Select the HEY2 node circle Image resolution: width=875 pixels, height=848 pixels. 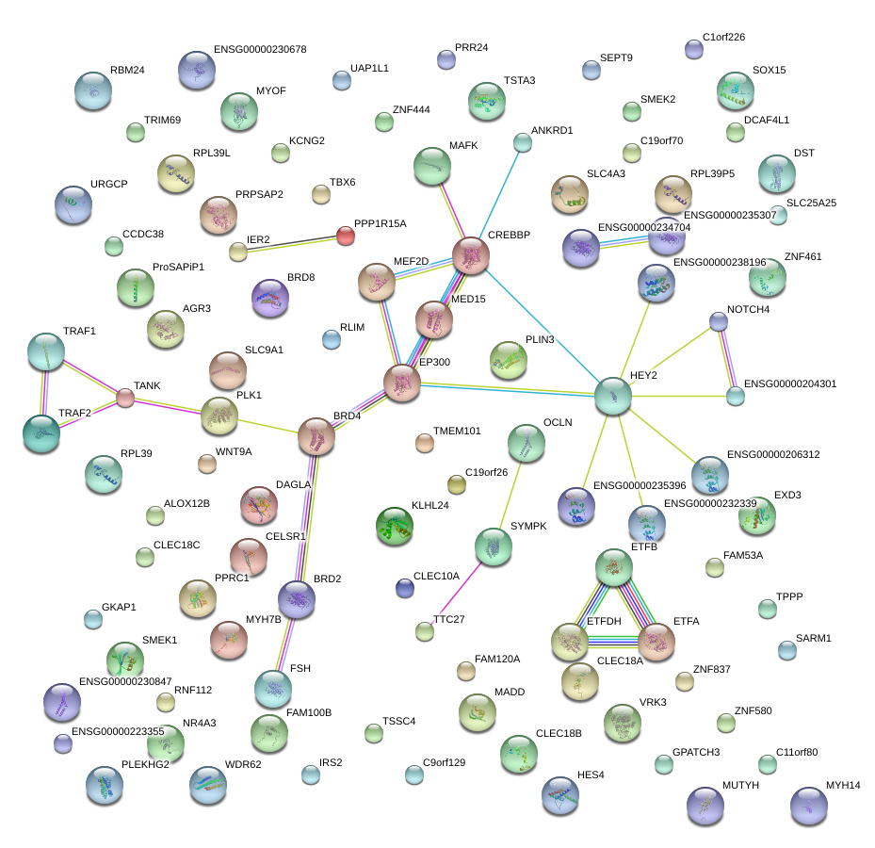click(613, 397)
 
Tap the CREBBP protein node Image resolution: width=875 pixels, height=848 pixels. click(470, 255)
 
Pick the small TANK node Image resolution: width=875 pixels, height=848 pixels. click(125, 398)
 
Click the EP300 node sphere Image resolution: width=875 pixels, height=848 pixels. click(402, 383)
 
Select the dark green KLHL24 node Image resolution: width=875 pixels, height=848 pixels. click(395, 527)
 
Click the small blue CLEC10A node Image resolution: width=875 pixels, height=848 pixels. click(405, 588)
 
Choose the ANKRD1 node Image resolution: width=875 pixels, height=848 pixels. click(523, 143)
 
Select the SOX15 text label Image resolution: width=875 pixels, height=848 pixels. click(769, 71)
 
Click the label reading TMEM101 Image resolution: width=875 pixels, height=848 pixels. click(457, 431)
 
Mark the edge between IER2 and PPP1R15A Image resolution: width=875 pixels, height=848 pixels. click(292, 243)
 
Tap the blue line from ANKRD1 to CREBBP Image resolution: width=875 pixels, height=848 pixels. click(497, 198)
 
